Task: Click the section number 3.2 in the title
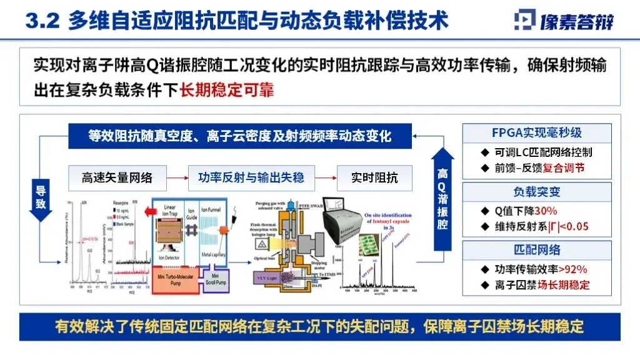pyautogui.click(x=42, y=20)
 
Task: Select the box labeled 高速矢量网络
pyautogui.click(x=117, y=177)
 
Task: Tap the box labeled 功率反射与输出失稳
pyautogui.click(x=256, y=177)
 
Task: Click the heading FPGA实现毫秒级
pyautogui.click(x=536, y=132)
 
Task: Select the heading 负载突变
pyautogui.click(x=536, y=192)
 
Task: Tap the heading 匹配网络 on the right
pyautogui.click(x=536, y=250)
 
